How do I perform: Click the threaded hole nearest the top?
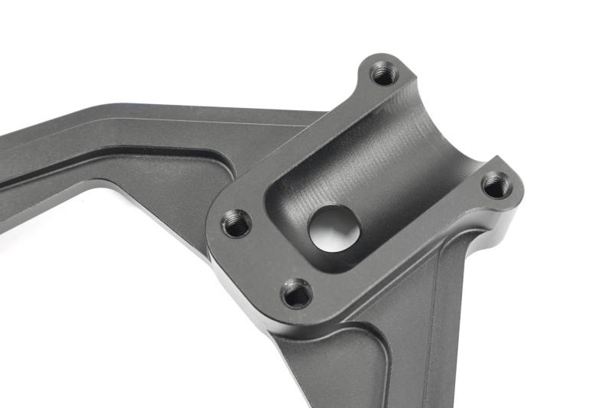(382, 74)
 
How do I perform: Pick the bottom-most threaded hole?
(296, 292)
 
